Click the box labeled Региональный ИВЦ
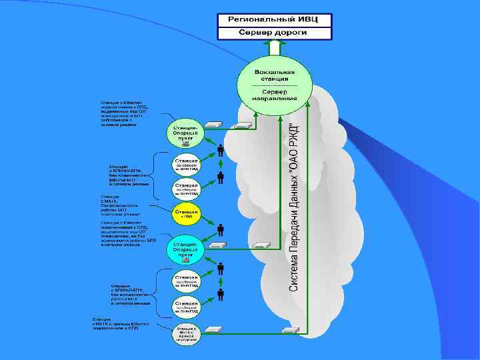274,19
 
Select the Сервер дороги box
274,33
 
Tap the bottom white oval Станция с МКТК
186,333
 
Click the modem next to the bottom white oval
214,329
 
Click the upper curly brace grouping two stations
155,175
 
